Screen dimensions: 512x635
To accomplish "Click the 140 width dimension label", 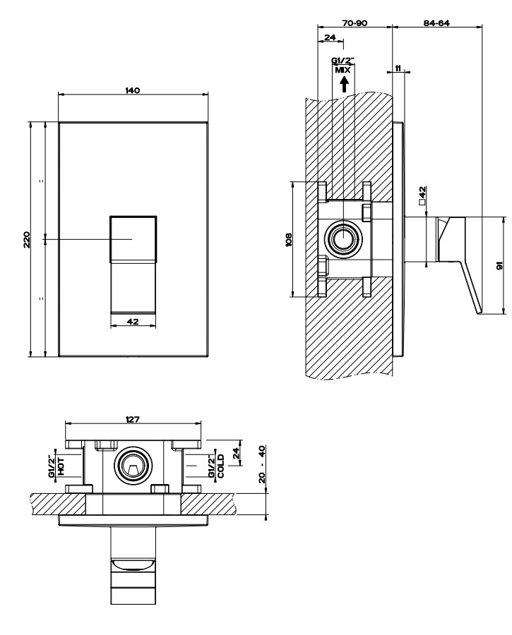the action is pos(133,90).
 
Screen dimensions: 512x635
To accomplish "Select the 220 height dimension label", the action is pos(27,239).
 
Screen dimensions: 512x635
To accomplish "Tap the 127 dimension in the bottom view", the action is pos(133,419).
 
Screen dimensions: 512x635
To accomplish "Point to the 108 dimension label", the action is pos(289,239).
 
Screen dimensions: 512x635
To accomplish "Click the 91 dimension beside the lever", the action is pos(499,266).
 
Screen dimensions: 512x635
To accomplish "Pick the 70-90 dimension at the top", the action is pos(355,23).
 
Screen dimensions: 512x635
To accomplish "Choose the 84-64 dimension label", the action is pos(436,23).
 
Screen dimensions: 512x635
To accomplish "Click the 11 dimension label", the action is pos(398,68).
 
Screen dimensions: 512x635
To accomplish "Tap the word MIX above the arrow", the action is pos(343,70).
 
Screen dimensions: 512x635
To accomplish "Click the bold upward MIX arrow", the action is pos(344,84).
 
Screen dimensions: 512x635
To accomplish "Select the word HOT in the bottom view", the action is pos(61,466).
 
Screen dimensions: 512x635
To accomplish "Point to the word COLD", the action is pos(220,466).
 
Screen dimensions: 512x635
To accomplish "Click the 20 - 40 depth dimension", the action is pos(262,464).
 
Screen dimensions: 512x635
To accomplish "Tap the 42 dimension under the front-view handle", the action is pos(133,322).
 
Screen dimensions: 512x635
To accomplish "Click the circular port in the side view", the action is pos(344,238).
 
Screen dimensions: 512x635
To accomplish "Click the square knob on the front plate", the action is pos(133,239).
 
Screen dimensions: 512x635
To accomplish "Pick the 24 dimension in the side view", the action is pos(331,37).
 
